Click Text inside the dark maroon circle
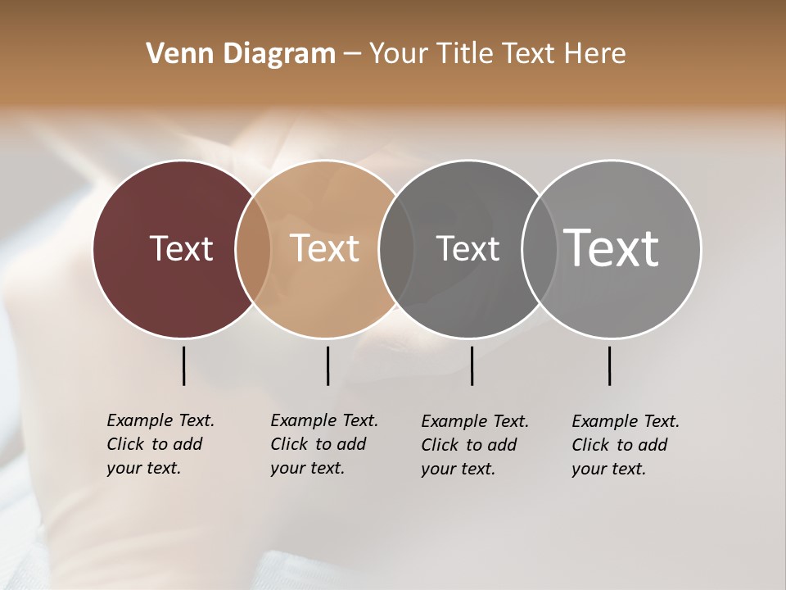(x=181, y=248)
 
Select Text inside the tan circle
(x=324, y=248)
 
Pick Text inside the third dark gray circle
(x=468, y=248)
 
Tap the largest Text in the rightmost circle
(x=612, y=248)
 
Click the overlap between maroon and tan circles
(x=253, y=249)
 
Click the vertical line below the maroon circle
(x=183, y=365)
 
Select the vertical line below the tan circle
(x=327, y=365)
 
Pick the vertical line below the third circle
(x=472, y=365)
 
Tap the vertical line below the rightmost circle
(x=609, y=365)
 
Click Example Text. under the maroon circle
(x=160, y=420)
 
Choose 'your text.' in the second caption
(x=307, y=468)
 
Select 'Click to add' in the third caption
(x=469, y=445)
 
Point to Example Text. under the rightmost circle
(x=626, y=421)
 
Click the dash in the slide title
(x=352, y=54)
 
